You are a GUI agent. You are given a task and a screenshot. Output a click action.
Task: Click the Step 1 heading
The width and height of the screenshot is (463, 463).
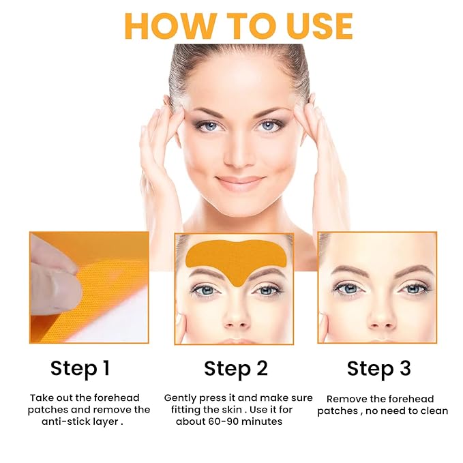pyautogui.click(x=79, y=369)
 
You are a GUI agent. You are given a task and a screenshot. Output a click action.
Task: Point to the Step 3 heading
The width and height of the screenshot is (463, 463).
pyautogui.click(x=378, y=369)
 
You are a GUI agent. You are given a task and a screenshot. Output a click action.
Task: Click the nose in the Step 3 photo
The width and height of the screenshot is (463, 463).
pyautogui.click(x=377, y=310)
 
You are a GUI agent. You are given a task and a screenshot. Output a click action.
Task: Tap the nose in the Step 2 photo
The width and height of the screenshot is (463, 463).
pyautogui.click(x=234, y=310)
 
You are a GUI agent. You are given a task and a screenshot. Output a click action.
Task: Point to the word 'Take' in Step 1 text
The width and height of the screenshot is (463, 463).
pyautogui.click(x=41, y=398)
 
